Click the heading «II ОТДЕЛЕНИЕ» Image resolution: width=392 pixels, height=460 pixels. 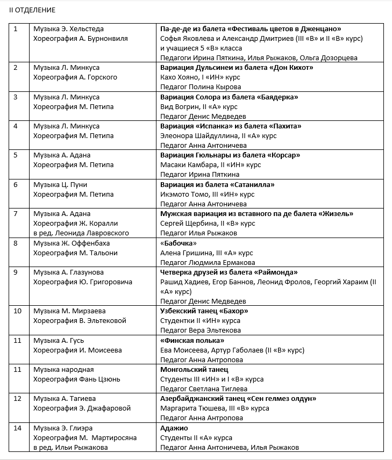coord(32,10)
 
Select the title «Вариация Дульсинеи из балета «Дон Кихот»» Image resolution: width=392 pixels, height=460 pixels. coord(237,68)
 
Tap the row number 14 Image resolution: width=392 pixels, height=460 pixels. coord(17,428)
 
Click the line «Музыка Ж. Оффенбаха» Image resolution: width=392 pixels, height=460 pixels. coord(69,243)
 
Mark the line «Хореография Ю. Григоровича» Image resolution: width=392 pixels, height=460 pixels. coord(82,282)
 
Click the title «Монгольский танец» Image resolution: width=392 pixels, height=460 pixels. coord(194,369)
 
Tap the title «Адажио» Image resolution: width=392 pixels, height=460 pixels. coord(174,428)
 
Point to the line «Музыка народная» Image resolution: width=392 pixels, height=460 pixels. coord(63,369)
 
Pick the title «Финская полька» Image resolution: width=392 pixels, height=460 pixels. coord(193,340)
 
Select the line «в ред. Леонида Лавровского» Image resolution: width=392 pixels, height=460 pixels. coord(81,233)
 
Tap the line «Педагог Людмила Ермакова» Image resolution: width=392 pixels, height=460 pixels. coord(208,262)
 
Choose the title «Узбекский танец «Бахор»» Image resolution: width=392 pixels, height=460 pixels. coord(204,311)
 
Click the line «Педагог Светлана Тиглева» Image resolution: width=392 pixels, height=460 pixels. coord(204,389)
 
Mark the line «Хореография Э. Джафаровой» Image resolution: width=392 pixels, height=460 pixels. coord(82,408)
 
